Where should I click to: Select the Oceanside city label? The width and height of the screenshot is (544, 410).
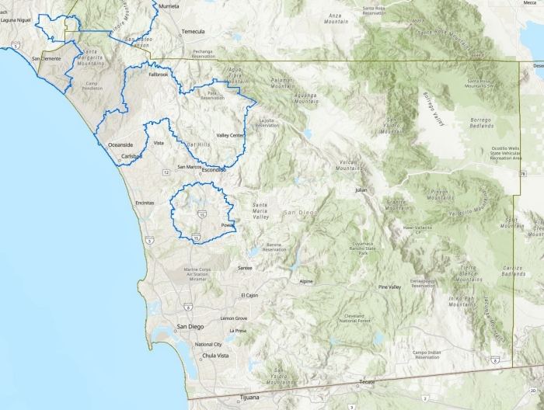[120, 145]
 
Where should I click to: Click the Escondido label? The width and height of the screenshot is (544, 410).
[213, 169]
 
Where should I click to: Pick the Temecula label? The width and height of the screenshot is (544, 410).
[193, 31]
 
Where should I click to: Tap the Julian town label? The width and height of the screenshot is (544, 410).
[360, 189]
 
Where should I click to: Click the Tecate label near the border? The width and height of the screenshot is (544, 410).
[368, 382]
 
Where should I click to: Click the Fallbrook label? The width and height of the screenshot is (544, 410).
[158, 75]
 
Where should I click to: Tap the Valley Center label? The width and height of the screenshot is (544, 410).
[231, 135]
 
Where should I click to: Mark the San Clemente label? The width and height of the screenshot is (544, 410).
[45, 58]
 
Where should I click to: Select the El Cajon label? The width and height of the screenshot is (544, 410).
[248, 295]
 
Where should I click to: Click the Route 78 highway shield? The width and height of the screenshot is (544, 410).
[523, 175]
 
